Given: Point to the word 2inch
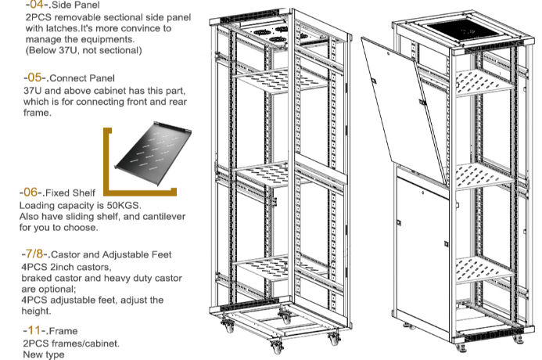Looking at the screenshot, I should click(66, 266).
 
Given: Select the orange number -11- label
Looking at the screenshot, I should click(36, 330).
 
